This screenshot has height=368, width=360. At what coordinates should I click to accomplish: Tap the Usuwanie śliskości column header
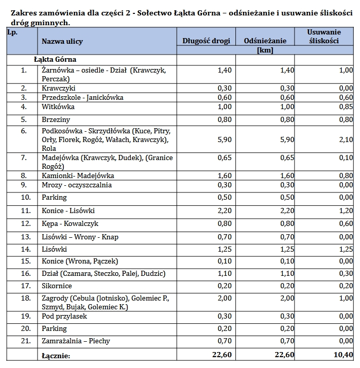tap(323, 37)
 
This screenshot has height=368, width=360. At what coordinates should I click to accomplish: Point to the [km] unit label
tap(264, 50)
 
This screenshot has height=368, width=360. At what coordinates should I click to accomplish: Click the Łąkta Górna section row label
tap(55, 60)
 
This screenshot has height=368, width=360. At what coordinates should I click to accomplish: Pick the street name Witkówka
tap(58, 107)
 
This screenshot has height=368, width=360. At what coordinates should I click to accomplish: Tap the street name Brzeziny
tap(56, 120)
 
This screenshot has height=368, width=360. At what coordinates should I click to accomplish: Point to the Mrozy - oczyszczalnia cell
tap(77, 185)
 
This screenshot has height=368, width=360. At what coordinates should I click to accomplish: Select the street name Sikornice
tap(57, 286)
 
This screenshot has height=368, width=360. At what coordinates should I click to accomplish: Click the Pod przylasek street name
tap(64, 316)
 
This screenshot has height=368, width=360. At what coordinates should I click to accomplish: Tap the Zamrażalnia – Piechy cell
tap(76, 341)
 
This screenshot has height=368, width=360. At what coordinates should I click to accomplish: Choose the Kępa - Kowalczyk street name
tap(70, 224)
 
